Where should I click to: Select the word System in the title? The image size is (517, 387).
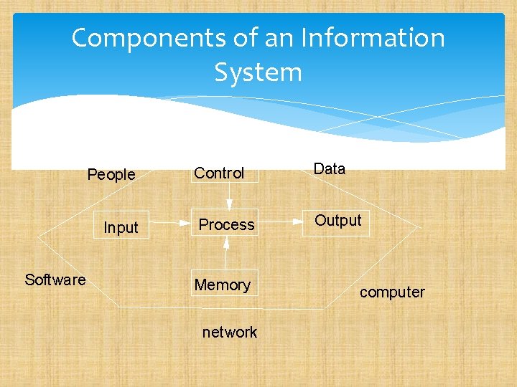click(258, 72)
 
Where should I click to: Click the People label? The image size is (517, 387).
click(111, 174)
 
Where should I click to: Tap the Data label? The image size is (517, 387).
click(330, 169)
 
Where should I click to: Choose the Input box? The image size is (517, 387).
click(121, 227)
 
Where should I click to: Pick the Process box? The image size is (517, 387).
click(226, 224)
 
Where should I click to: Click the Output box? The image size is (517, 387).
click(338, 221)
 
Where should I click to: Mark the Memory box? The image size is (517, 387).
click(223, 285)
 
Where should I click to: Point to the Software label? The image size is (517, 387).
click(55, 279)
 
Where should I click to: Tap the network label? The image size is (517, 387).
click(230, 332)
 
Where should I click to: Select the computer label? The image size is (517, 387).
click(392, 292)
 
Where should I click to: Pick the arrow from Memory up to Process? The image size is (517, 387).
click(226, 254)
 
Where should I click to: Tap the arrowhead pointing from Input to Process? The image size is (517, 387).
click(185, 224)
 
